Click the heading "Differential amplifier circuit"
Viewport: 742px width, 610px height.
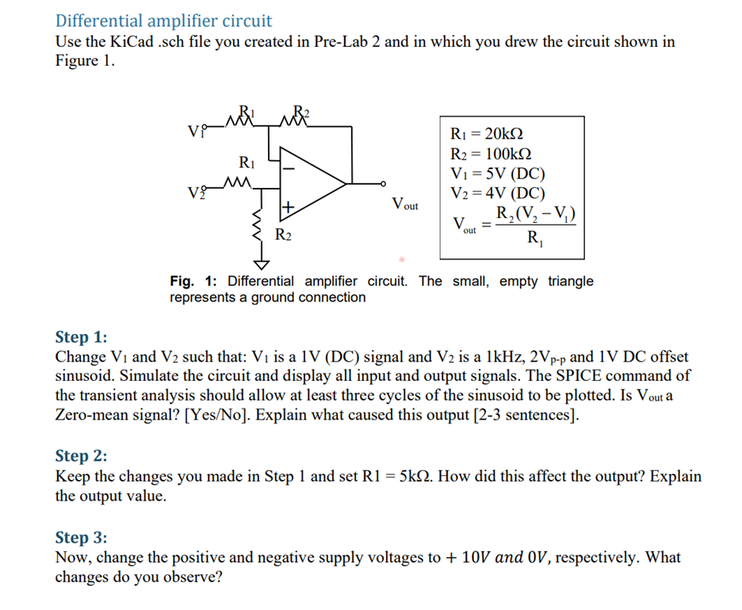(x=163, y=21)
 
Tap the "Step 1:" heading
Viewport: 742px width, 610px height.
(x=81, y=338)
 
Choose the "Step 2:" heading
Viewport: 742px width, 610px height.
(x=81, y=455)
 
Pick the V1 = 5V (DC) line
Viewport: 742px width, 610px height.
(x=497, y=173)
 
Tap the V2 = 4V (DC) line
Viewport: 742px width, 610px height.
(x=497, y=193)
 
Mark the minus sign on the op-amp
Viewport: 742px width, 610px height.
(x=290, y=168)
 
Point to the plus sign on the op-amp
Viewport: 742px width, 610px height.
(x=289, y=208)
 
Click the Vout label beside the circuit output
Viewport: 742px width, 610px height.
(x=405, y=205)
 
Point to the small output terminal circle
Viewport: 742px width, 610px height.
(x=384, y=182)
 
